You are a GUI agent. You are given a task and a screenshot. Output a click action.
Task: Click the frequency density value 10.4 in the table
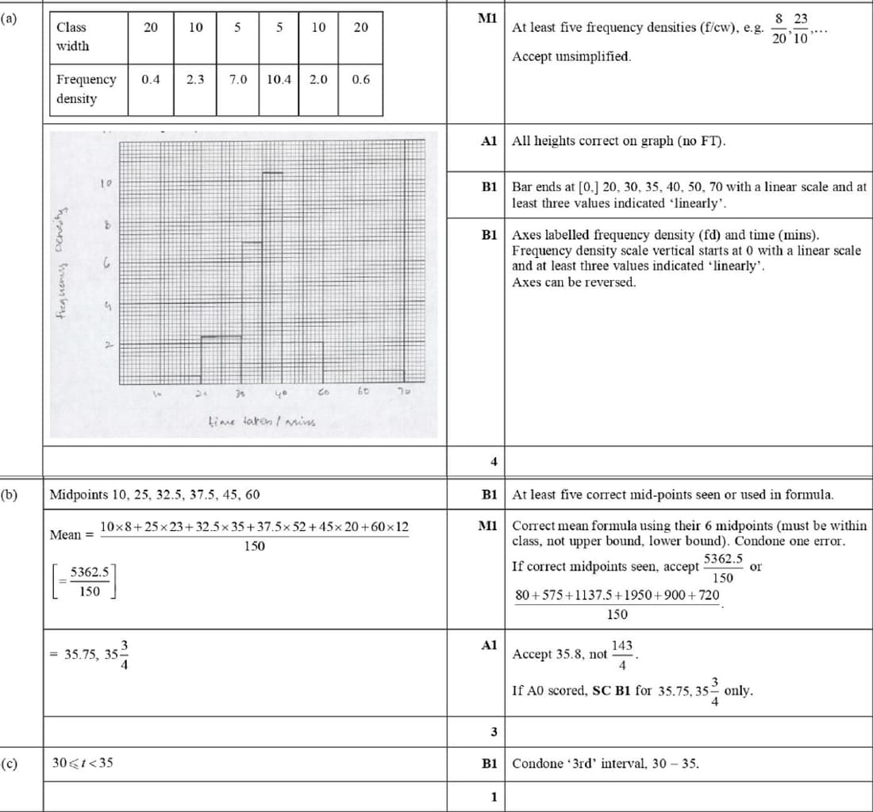coord(279,79)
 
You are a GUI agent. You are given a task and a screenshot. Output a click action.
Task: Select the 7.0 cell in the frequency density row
coord(237,79)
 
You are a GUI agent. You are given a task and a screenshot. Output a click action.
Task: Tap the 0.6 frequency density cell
coord(360,79)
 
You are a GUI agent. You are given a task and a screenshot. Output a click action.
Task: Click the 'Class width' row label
coord(72,37)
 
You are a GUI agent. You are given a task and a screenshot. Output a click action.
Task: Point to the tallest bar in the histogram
coord(273,278)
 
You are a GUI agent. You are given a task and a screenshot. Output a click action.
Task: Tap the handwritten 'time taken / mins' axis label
coord(250,420)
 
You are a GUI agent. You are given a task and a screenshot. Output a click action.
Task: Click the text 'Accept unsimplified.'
coord(571,56)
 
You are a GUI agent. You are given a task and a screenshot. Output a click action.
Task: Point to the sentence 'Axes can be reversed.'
coord(574,282)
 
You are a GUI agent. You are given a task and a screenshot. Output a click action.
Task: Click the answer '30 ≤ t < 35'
coord(83,764)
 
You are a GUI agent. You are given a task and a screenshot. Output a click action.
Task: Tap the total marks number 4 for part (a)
coord(493,460)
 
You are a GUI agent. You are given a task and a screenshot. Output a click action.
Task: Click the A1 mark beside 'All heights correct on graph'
coord(489,141)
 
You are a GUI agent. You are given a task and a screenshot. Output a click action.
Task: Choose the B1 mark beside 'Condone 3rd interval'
coord(489,764)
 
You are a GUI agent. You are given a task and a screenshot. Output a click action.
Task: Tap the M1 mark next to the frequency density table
coord(487,18)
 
